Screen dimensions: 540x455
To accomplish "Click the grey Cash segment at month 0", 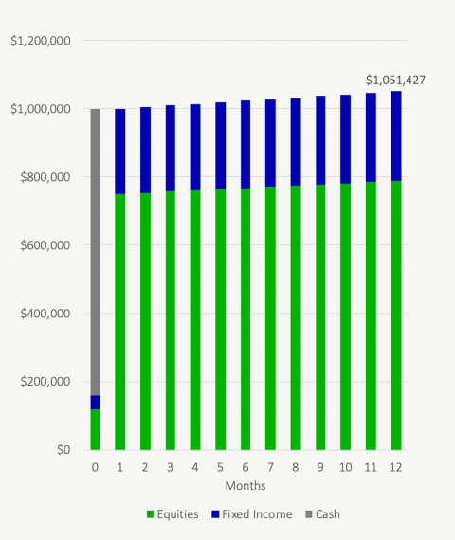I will tap(95, 251).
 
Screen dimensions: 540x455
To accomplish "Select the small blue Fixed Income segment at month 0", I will tap(95, 402).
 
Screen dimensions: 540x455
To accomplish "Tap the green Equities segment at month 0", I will tap(95, 429).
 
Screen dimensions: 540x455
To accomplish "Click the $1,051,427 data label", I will tap(395, 81).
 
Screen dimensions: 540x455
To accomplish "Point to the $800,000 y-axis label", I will tap(45, 177).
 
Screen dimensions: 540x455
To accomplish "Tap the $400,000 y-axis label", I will tap(45, 314).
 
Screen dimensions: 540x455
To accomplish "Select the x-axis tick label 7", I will tap(270, 468).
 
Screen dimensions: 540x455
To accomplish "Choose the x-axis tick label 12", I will tap(395, 468).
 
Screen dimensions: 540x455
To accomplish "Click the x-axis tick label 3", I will tap(171, 468).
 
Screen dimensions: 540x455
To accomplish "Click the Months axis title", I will tap(245, 485).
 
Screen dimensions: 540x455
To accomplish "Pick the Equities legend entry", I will tap(173, 514).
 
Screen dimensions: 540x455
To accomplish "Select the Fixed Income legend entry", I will tap(252, 514).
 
